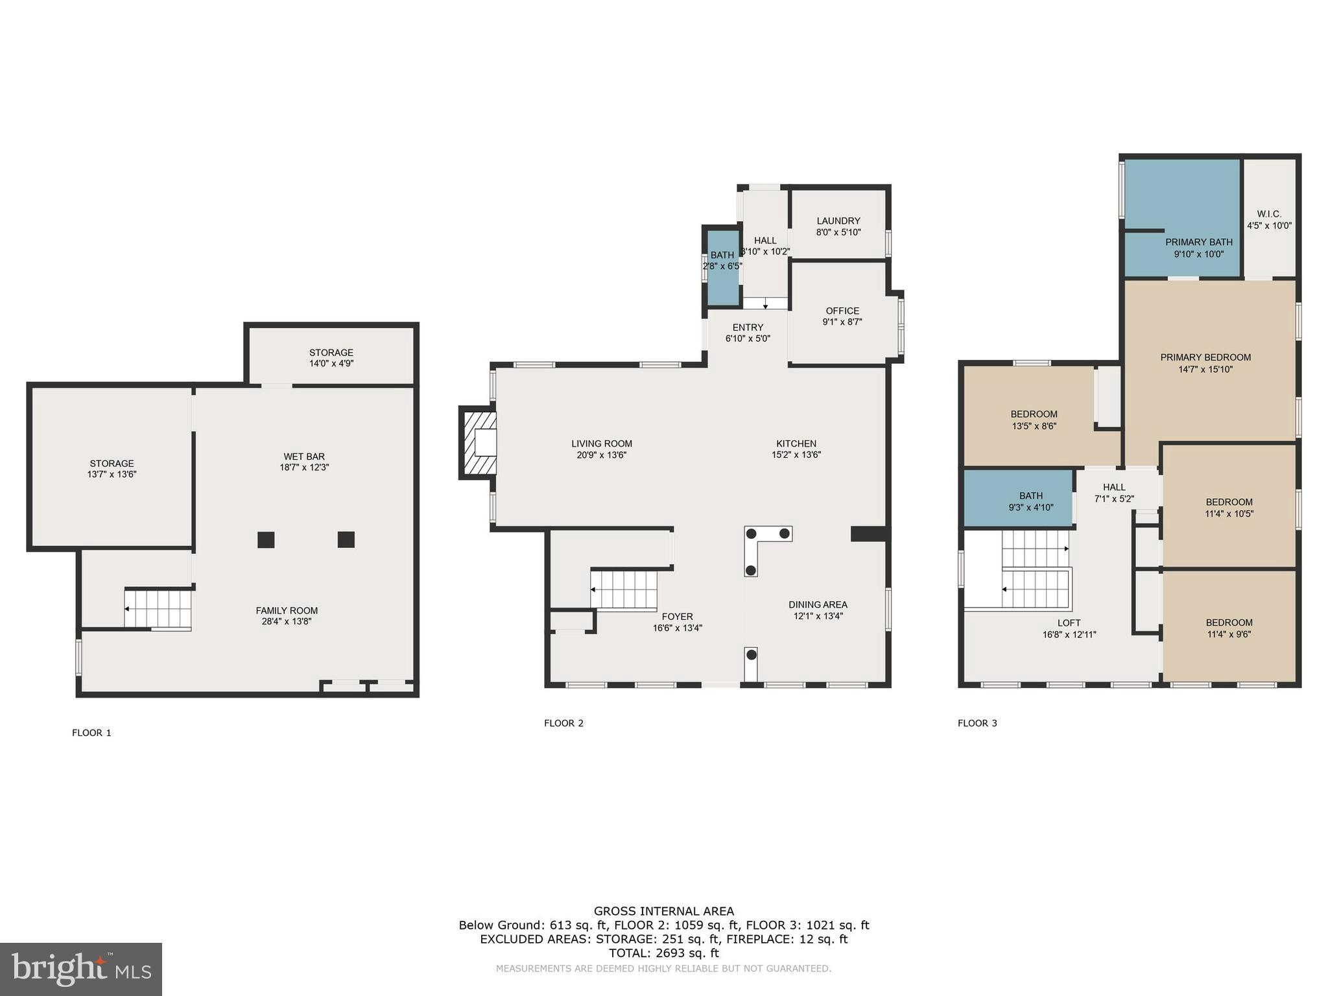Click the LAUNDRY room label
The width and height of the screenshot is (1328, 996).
click(838, 221)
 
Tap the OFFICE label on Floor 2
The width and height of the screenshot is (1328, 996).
click(842, 311)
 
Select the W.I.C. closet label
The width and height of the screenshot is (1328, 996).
click(1269, 214)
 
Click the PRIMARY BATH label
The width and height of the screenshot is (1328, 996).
click(1198, 243)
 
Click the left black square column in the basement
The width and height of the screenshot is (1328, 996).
click(266, 539)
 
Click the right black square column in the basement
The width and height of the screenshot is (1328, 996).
click(346, 539)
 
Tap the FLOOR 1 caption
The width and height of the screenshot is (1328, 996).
click(91, 733)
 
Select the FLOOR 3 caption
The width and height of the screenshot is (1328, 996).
click(977, 723)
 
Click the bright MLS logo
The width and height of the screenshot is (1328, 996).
click(81, 969)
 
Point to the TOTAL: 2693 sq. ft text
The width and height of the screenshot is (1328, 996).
click(663, 953)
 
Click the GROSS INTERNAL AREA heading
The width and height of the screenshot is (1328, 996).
click(663, 911)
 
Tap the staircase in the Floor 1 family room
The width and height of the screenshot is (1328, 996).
click(158, 609)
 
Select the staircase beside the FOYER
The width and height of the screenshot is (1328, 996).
click(624, 589)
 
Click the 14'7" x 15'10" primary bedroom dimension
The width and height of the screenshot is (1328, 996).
click(1205, 370)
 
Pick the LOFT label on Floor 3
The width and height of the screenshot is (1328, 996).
click(1069, 623)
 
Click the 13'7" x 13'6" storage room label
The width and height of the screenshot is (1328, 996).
click(112, 475)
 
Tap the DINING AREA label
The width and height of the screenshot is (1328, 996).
click(818, 605)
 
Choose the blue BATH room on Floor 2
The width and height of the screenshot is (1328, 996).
click(722, 268)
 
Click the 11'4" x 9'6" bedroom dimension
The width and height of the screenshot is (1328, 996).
click(1229, 635)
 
